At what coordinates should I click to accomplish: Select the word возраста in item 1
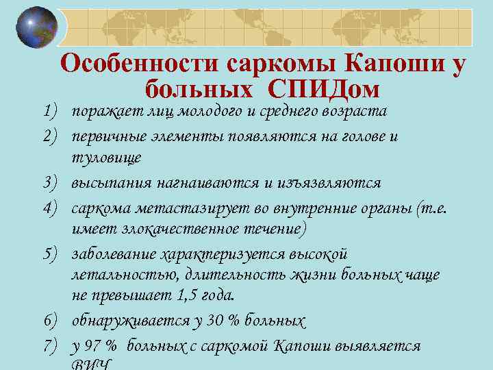(x=355, y=111)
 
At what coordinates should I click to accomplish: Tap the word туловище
(x=106, y=158)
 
